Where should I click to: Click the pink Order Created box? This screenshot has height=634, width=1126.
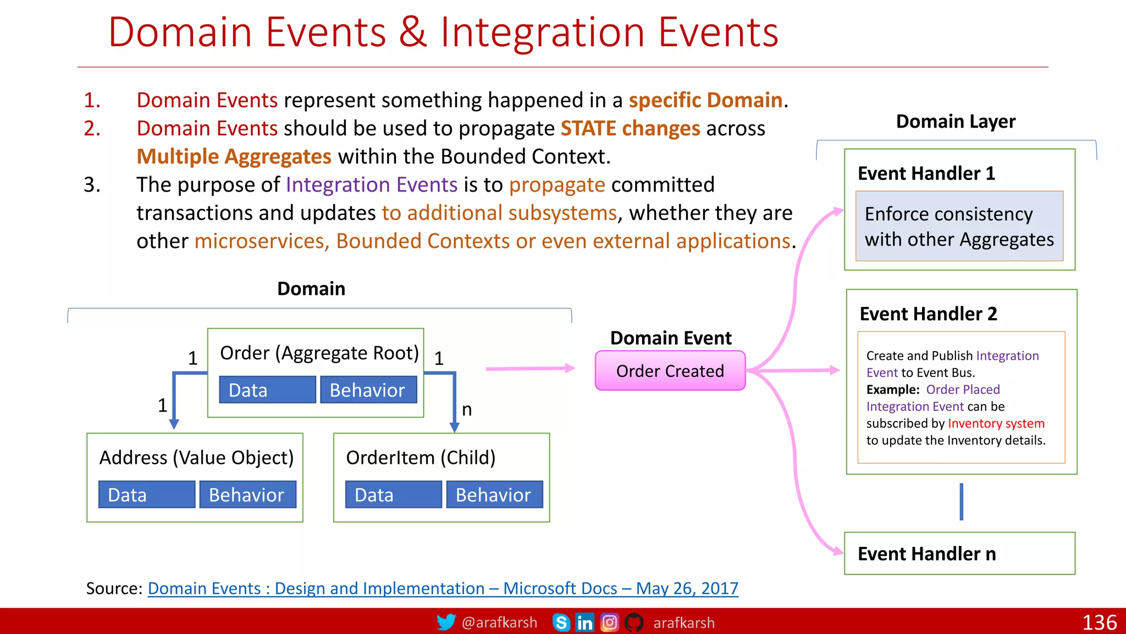(670, 371)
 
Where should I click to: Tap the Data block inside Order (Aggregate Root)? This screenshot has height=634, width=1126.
(267, 390)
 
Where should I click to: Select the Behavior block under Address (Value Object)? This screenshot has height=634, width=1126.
(247, 495)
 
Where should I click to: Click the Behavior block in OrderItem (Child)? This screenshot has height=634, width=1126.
(494, 495)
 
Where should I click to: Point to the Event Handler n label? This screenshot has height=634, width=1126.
(926, 554)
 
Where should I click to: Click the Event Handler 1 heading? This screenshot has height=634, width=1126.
(926, 173)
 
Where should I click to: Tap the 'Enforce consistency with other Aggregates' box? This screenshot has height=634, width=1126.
(959, 226)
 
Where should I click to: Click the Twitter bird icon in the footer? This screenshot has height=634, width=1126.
(446, 622)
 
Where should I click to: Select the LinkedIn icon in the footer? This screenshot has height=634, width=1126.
(584, 622)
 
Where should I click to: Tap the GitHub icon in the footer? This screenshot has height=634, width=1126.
(634, 622)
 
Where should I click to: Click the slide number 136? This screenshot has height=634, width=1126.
(1099, 622)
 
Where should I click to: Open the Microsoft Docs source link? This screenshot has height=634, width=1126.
(443, 588)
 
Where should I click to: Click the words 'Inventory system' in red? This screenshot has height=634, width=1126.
(996, 423)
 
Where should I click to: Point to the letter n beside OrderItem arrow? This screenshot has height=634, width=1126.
(467, 410)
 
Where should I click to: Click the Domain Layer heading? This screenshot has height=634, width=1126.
(956, 121)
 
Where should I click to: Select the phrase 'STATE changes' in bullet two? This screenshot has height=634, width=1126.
(630, 128)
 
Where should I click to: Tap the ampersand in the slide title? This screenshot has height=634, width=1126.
(413, 32)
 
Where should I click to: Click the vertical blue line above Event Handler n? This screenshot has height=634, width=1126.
(961, 501)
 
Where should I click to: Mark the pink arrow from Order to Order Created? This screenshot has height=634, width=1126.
(530, 369)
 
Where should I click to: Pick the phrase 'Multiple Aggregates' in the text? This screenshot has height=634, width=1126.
(234, 157)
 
